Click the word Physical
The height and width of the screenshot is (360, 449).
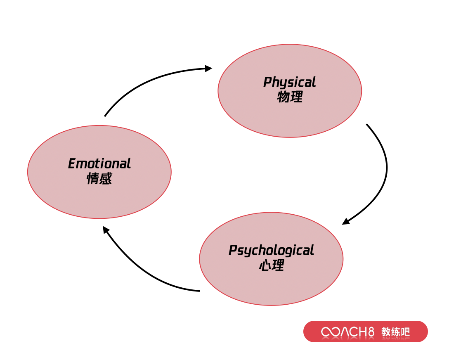click(290, 82)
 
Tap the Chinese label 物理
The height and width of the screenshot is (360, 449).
click(290, 97)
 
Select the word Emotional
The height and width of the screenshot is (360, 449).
click(99, 163)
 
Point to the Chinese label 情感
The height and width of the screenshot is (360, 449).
click(99, 178)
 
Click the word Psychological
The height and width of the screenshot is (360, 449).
click(271, 250)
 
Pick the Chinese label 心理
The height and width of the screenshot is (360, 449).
click(272, 265)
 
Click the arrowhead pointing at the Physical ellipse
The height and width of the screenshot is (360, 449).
click(209, 69)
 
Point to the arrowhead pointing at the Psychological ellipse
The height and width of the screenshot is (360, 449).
click(346, 221)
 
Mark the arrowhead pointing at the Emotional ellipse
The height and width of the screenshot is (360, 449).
click(106, 230)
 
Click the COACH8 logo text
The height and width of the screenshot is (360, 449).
click(347, 332)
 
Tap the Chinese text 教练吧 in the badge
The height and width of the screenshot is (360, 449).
click(395, 332)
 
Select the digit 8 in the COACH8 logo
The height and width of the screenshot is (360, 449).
click(371, 332)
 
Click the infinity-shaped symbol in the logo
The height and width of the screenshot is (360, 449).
click(331, 332)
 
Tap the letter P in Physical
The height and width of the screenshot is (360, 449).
click(267, 82)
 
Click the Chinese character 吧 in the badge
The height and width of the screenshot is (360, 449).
click(405, 332)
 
